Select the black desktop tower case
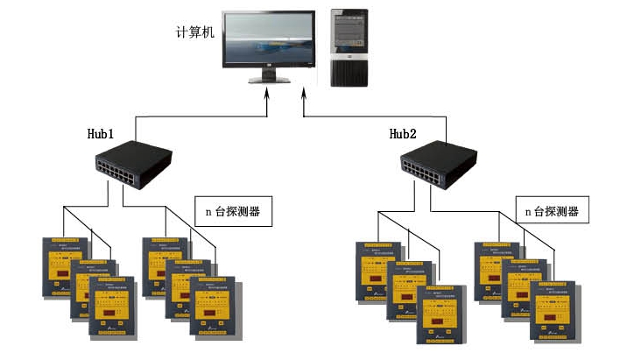tap(349, 47)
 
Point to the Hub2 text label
tap(404, 134)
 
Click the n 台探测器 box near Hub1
tap(232, 211)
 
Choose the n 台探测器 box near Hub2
tap(551, 211)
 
